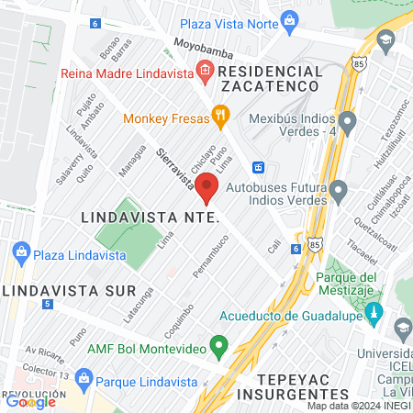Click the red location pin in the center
click(206, 189)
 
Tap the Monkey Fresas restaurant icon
click(219, 116)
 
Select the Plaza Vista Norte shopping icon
click(290, 19)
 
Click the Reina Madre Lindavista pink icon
click(204, 72)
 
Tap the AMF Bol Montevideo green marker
click(218, 347)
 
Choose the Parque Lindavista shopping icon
click(84, 377)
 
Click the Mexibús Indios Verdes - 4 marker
click(347, 120)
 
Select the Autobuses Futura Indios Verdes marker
click(340, 192)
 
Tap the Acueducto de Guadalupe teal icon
click(374, 316)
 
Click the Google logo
click(31, 401)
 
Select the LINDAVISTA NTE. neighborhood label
click(148, 218)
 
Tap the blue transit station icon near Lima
click(260, 167)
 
